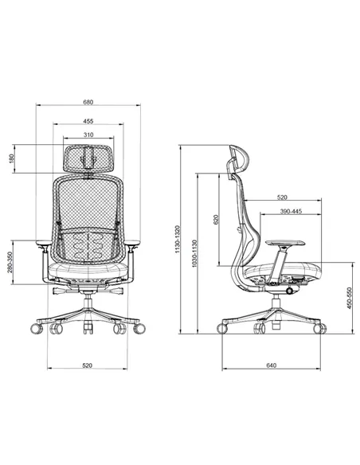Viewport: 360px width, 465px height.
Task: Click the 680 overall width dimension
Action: (88, 102)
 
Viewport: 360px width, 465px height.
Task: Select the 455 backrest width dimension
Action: (88, 121)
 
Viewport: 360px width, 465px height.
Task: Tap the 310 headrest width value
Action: (88, 135)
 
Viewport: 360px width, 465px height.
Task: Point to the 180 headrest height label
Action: (11, 158)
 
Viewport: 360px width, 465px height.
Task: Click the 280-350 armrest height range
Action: (10, 262)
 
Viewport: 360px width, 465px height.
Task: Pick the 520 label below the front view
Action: (87, 365)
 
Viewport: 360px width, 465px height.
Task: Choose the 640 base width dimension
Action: (271, 365)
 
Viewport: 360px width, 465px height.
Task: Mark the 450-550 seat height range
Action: (350, 298)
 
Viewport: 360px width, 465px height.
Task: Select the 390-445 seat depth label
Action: (291, 211)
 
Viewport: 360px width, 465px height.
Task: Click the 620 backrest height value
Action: (216, 220)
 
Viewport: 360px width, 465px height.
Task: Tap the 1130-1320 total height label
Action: (178, 239)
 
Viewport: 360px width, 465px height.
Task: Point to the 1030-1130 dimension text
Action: (194, 253)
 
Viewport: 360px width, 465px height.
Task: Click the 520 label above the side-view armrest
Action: (282, 197)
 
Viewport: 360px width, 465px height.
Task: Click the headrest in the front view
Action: (88, 158)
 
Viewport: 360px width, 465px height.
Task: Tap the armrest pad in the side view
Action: (285, 243)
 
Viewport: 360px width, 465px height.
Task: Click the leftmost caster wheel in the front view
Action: (37, 328)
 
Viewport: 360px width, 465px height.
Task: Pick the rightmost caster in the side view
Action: (319, 328)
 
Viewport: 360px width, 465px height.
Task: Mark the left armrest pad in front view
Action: (44, 243)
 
